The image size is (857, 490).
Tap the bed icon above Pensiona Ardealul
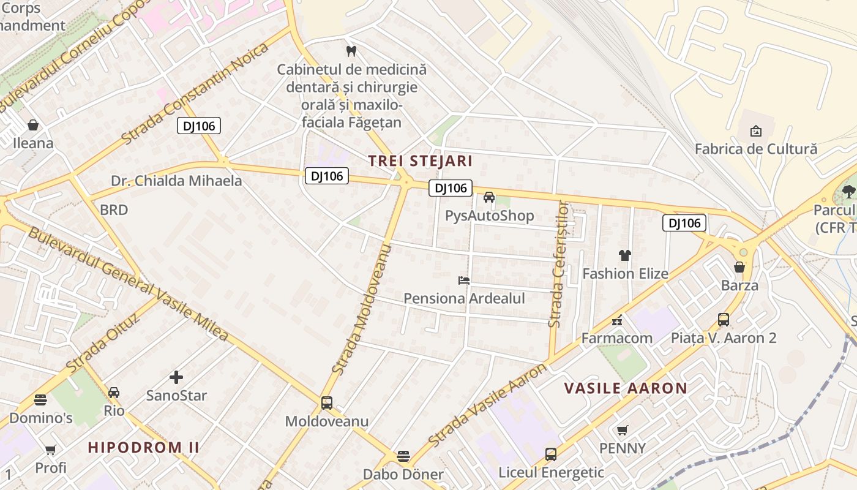[x=464, y=281]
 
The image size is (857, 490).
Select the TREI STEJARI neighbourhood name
[x=420, y=161]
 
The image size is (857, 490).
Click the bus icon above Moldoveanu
[x=327, y=403]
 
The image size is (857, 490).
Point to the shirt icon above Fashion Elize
[x=624, y=255]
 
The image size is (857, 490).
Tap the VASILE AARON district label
[x=625, y=388]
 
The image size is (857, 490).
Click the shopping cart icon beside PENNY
[x=623, y=431]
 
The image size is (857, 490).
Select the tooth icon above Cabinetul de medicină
[x=351, y=51]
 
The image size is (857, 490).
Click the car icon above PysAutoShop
[x=488, y=197]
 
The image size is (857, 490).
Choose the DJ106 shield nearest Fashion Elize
[x=684, y=223]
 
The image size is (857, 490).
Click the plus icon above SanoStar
[x=176, y=377]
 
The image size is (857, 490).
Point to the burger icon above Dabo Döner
[x=403, y=456]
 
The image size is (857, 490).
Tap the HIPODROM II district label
[x=143, y=447]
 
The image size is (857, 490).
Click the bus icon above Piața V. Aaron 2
[x=724, y=319]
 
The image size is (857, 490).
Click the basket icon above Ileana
[x=33, y=125]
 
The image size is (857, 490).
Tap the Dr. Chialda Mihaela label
[x=176, y=181]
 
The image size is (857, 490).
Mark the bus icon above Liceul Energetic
[x=551, y=454]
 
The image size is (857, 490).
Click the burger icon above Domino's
[x=40, y=401]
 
